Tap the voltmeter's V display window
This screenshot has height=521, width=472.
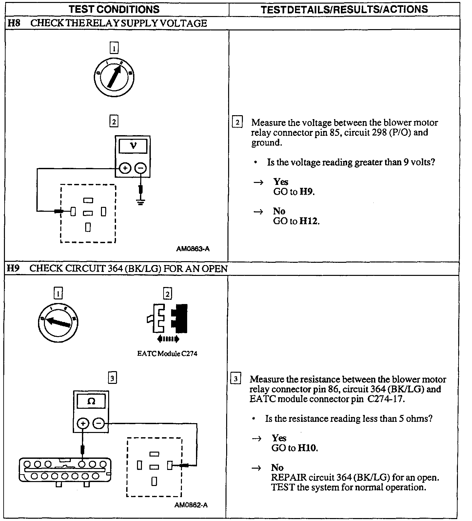[x=133, y=146]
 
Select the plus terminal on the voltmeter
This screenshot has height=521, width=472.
[x=125, y=169]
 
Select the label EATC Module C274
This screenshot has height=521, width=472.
[x=167, y=354]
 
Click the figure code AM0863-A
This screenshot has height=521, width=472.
[x=193, y=249]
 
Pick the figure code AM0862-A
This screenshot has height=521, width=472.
[x=191, y=505]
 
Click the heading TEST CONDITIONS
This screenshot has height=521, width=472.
[x=114, y=9]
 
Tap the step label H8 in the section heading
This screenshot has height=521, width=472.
[x=13, y=23]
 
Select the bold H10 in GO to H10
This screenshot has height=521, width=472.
[x=307, y=448]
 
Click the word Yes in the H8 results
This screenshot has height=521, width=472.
[x=281, y=182]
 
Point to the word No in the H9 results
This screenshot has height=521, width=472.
[x=277, y=467]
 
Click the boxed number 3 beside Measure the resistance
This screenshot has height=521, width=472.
[x=236, y=379]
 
